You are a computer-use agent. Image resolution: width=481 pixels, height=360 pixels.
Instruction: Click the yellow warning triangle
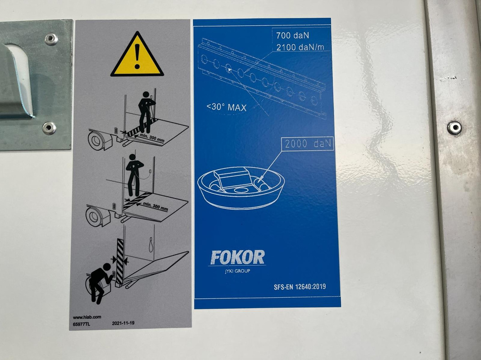tap(137, 55)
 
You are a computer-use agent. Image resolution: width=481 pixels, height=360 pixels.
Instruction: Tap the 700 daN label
tap(292, 36)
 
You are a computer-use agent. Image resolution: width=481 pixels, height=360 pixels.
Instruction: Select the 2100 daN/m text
tap(300, 47)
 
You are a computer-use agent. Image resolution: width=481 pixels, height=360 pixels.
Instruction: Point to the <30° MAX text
tap(227, 107)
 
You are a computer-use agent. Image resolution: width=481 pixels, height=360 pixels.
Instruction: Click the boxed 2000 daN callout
tap(308, 144)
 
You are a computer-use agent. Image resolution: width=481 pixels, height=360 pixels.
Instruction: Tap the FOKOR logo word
tap(237, 257)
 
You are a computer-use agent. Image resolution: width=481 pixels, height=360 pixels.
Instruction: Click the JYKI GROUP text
tap(237, 271)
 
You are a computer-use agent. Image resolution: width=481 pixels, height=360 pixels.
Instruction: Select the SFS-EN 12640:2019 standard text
tap(300, 287)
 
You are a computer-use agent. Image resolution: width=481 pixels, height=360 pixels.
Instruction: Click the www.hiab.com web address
tap(87, 317)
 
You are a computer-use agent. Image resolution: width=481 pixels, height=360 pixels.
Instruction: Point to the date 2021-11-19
tap(123, 323)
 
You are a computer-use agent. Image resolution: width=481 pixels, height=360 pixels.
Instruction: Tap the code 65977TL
tap(82, 324)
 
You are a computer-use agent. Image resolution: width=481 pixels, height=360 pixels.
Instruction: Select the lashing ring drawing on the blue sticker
tap(241, 187)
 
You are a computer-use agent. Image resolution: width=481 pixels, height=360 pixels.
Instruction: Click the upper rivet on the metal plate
tap(51, 39)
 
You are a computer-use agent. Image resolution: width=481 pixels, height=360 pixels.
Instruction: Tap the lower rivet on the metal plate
tap(49, 128)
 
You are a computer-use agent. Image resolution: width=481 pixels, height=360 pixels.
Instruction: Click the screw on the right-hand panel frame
tap(454, 128)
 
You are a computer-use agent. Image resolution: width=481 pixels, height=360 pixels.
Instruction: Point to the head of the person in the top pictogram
tap(146, 94)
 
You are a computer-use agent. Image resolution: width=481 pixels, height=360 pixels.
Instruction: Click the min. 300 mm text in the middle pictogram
tap(155, 207)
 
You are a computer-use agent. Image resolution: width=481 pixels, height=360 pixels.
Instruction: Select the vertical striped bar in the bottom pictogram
tap(120, 261)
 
